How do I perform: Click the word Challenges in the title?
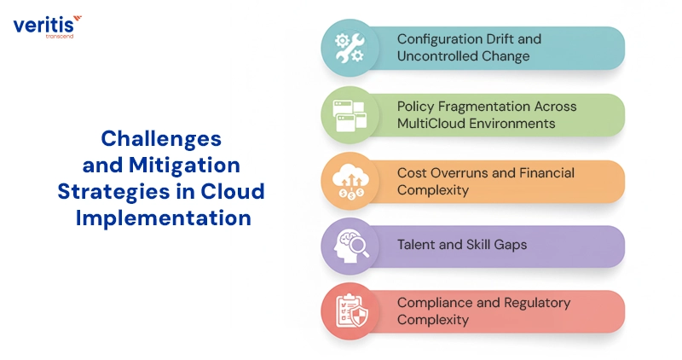point(161,138)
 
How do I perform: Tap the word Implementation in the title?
point(163,217)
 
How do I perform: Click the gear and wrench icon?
point(350,48)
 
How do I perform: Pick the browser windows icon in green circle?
point(350,114)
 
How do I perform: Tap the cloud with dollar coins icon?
point(350,181)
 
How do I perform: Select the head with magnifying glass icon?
point(350,246)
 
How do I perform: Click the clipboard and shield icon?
point(350,312)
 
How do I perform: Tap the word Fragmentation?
point(483,106)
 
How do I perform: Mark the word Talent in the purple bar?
point(417,245)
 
